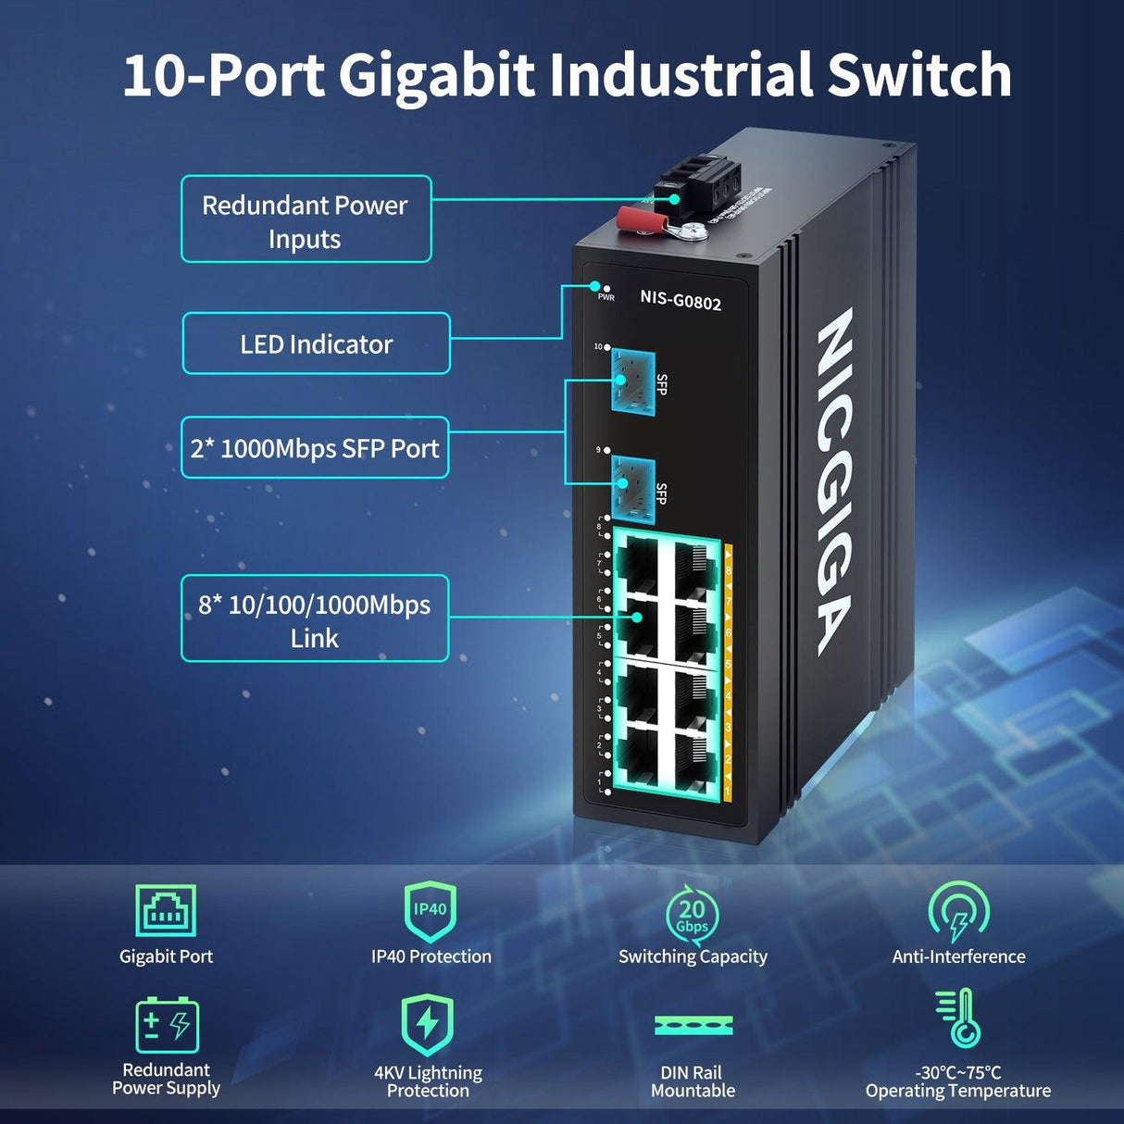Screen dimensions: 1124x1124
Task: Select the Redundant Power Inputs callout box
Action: pos(306,219)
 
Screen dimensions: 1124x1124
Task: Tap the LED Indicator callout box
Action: pos(316,343)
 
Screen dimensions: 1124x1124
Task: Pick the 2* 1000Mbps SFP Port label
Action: pos(315,448)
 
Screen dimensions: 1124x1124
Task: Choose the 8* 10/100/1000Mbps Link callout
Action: pos(315,619)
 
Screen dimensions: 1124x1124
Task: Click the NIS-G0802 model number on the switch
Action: pos(681,300)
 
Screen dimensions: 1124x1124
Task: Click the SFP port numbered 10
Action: pos(633,382)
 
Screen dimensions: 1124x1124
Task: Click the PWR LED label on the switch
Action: pos(606,297)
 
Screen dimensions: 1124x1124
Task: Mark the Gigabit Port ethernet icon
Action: pos(166,910)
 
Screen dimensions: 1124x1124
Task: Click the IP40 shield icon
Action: pos(431,911)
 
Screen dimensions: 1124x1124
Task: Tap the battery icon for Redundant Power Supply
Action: pos(167,1025)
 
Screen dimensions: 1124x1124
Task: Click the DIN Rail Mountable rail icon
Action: pos(693,1025)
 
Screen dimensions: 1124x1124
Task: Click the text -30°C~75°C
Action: pos(958,1072)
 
